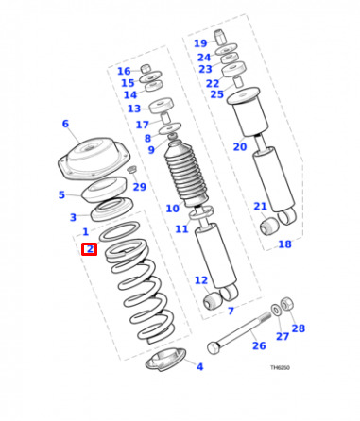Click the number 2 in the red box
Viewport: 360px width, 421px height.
[x=90, y=249]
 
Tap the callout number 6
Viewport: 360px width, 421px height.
[x=65, y=124]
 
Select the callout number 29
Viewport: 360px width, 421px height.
[x=140, y=187]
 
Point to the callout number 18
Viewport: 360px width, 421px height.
[x=284, y=244]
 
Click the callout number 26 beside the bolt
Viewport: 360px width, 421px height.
[x=259, y=345]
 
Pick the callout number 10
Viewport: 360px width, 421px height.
[x=172, y=208]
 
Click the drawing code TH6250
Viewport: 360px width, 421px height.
[x=280, y=367]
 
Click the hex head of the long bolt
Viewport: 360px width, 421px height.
[x=214, y=347]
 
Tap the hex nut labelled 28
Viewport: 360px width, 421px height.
[x=287, y=303]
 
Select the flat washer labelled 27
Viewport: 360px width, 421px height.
[x=276, y=310]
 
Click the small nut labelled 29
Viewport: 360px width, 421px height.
[x=132, y=169]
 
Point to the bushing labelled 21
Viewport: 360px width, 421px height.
[x=269, y=226]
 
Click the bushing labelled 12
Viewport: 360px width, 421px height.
[x=213, y=301]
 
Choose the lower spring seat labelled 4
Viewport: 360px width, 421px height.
[x=165, y=360]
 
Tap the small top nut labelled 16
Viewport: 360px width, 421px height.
[x=146, y=69]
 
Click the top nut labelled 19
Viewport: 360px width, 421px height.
[x=221, y=36]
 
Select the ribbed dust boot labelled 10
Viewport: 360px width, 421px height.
[x=186, y=174]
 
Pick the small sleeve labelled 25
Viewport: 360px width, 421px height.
[x=239, y=81]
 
